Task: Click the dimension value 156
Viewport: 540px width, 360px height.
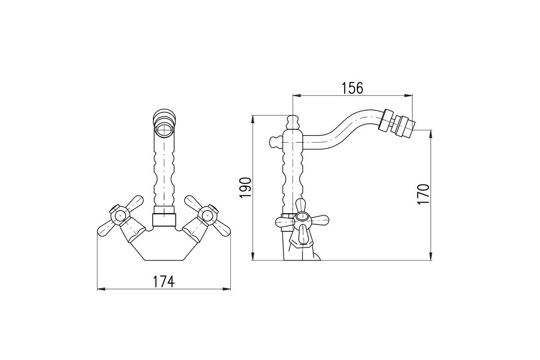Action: coord(352,88)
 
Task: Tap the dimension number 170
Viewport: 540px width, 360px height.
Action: coord(423,194)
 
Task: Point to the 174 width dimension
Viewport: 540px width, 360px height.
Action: coord(164,281)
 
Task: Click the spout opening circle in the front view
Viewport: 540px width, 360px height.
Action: coord(164,130)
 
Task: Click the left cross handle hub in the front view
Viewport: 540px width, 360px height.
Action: coord(120,215)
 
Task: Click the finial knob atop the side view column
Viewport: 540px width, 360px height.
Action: coord(292,122)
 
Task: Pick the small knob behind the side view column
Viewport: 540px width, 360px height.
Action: coord(275,142)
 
